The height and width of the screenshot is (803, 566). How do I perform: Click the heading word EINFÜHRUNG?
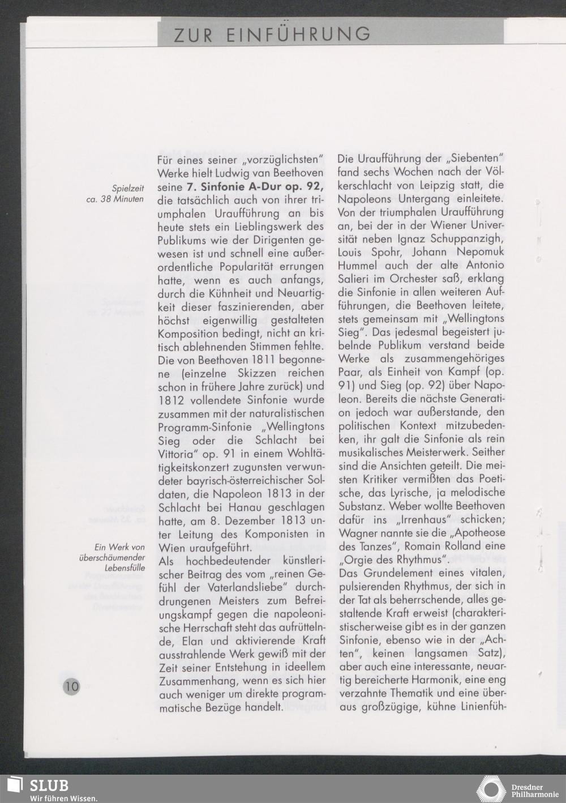click(x=299, y=35)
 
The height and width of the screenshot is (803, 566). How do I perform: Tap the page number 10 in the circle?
click(x=72, y=686)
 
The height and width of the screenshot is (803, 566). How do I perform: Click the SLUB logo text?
click(x=50, y=785)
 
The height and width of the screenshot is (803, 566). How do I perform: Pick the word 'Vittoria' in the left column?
click(x=175, y=454)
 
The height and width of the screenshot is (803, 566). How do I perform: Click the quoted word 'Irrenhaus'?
click(x=417, y=520)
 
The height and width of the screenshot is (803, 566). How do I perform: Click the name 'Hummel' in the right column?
click(x=358, y=266)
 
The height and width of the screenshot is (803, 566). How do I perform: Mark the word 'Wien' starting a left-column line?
click(x=170, y=548)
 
